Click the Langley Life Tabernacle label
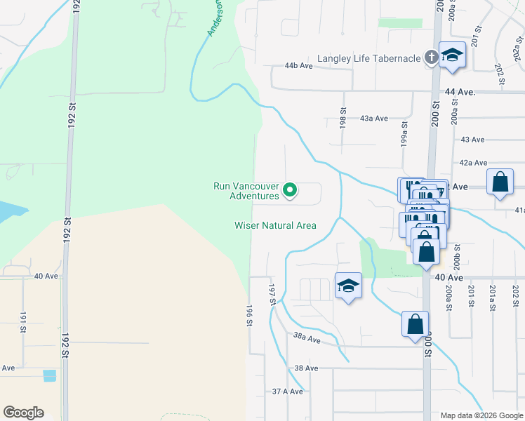[x=368, y=58]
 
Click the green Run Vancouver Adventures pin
[x=289, y=189]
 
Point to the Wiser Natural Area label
[x=275, y=225]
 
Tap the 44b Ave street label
[x=298, y=65]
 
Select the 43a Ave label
[x=373, y=119]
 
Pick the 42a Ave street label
[x=473, y=162]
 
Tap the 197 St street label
[x=272, y=294]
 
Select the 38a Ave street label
[x=307, y=340]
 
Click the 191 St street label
[x=22, y=321]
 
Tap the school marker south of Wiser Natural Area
[x=348, y=286]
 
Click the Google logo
[x=23, y=413]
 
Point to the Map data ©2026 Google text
[x=481, y=415]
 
